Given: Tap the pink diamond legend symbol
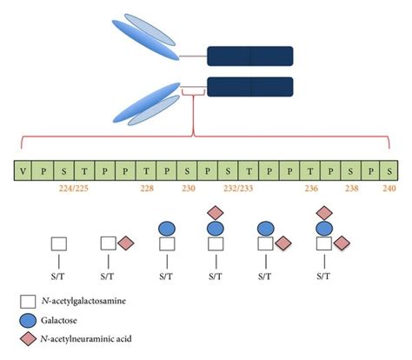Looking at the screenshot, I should (27, 340).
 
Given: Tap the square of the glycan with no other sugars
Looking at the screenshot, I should (59, 245).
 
